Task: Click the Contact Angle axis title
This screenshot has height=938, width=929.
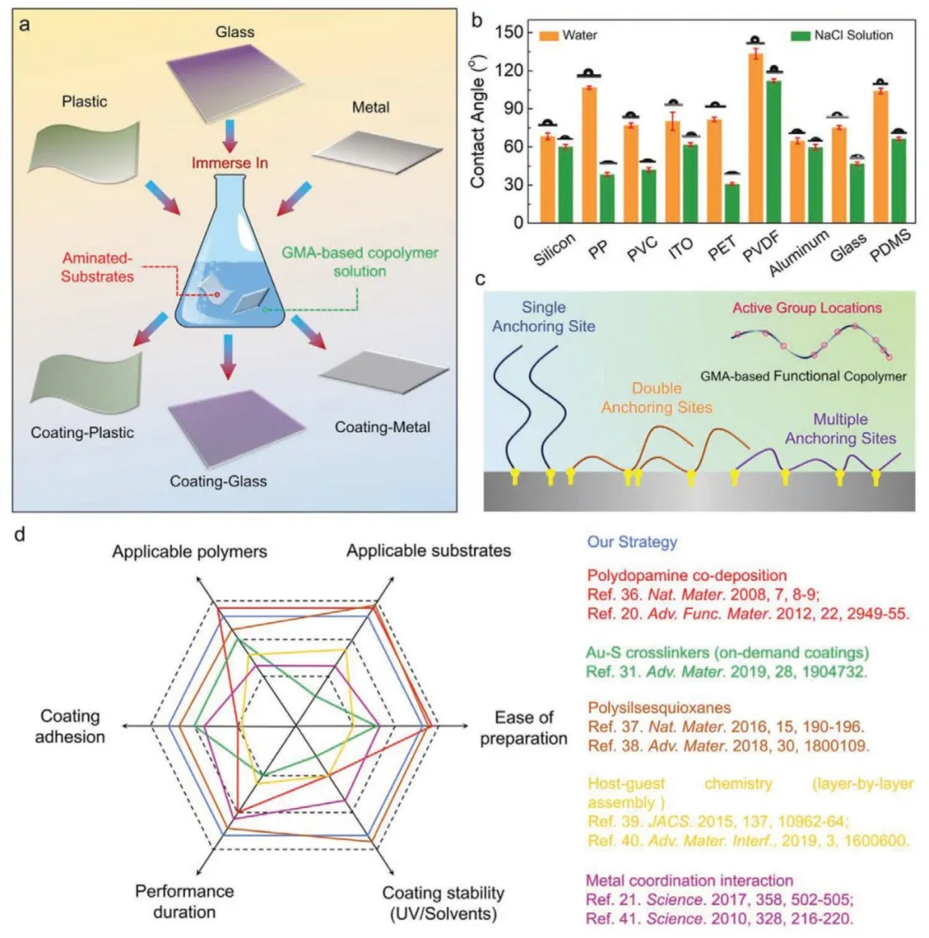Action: (478, 127)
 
